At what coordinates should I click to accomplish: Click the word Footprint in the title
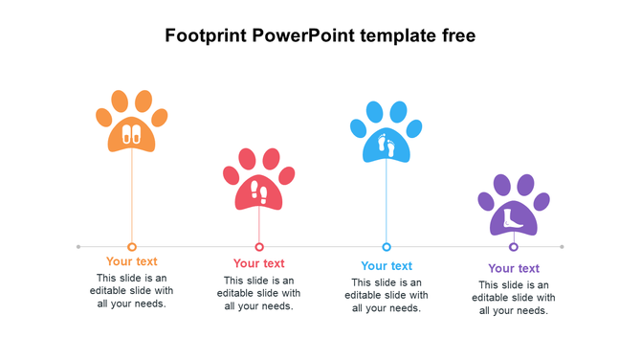[206, 36]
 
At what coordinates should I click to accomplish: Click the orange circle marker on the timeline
[132, 247]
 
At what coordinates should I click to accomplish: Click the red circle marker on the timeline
[259, 247]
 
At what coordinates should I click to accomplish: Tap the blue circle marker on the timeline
[387, 247]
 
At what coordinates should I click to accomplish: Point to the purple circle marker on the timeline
[514, 247]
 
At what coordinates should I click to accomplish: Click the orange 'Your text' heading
[132, 261]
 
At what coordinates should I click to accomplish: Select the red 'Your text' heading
[259, 263]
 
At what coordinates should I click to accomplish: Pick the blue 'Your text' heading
[387, 266]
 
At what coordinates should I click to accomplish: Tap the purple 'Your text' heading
[514, 269]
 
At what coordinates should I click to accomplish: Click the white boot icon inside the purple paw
[514, 217]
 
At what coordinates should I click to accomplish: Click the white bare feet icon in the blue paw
[387, 145]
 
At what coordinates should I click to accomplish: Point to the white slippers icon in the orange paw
[132, 134]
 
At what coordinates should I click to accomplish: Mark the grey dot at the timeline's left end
[78, 247]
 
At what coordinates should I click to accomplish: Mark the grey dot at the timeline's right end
[562, 247]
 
